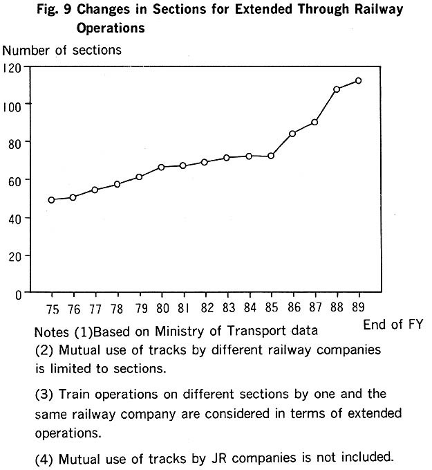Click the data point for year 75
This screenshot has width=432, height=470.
tap(51, 200)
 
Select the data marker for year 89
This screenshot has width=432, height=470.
tap(358, 81)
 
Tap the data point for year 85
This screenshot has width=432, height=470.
tap(271, 156)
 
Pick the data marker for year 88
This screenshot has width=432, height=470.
tap(337, 89)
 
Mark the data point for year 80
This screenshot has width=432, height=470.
tap(160, 167)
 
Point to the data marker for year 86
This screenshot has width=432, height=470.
tap(292, 133)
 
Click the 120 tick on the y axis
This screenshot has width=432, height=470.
tap(14, 67)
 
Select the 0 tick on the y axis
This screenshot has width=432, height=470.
tap(19, 293)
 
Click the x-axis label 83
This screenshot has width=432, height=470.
tap(227, 307)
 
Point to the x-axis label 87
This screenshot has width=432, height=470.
tap(315, 307)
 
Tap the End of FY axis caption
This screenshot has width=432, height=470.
tap(392, 324)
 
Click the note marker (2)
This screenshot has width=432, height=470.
tap(44, 350)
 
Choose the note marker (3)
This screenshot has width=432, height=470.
tap(44, 394)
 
